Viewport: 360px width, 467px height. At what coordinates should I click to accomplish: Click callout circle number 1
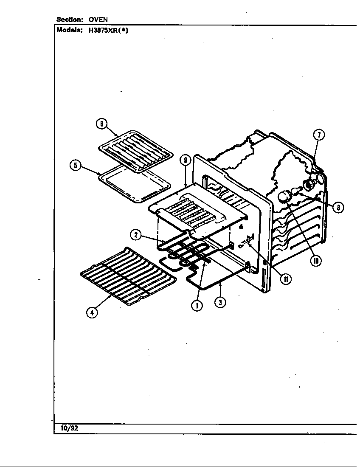coord(197,305)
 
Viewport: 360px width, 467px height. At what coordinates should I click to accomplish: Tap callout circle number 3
coord(220,302)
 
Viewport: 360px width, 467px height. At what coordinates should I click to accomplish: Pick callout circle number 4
coord(92,312)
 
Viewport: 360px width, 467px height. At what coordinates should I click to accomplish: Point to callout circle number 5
coord(75,165)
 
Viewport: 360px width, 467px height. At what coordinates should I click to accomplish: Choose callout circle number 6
coord(101,124)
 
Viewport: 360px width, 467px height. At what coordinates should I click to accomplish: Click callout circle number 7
coord(319,135)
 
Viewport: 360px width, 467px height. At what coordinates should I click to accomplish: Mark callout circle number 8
coord(338,207)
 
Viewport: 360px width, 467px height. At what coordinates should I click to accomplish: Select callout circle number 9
coord(185,160)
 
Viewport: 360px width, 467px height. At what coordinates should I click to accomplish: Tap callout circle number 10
coord(315,261)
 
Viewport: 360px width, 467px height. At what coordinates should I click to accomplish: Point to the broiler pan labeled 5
coord(135,186)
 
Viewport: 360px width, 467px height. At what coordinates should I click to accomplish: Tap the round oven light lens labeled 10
coord(284,197)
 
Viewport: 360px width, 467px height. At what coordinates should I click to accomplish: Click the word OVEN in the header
coord(98,20)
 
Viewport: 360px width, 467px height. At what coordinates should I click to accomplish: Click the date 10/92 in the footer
coord(69,428)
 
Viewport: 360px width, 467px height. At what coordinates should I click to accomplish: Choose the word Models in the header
coord(69,30)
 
